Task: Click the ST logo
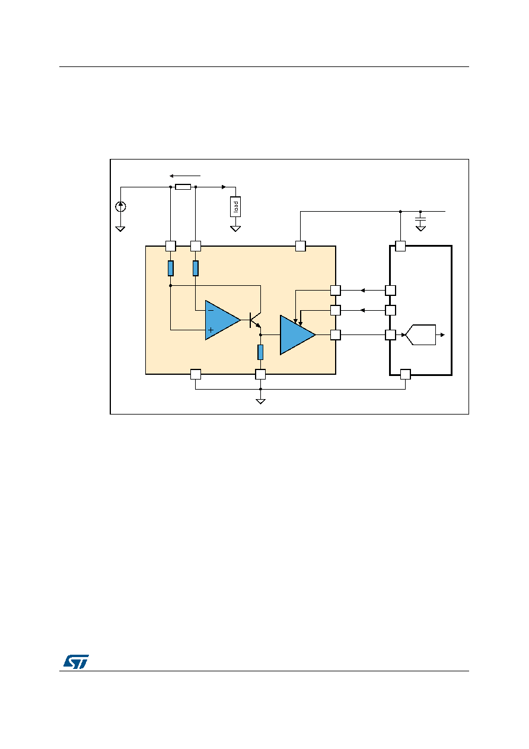click(77, 661)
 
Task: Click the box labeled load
click(235, 206)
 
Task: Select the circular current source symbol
click(121, 206)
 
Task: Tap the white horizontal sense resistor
click(183, 187)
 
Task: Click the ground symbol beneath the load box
click(235, 229)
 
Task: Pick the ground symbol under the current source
click(120, 229)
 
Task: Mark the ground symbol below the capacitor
click(420, 228)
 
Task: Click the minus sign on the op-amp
click(211, 311)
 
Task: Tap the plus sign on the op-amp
click(211, 330)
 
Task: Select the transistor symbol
click(255, 320)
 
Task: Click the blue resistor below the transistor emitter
click(260, 352)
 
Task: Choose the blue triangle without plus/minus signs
click(298, 334)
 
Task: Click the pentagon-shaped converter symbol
click(420, 334)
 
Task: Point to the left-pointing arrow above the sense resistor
click(185, 176)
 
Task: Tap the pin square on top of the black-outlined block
click(400, 246)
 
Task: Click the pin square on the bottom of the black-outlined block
click(405, 374)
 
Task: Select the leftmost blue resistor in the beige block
click(171, 268)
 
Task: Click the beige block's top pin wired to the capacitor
click(300, 246)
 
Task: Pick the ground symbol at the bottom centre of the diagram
click(260, 401)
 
